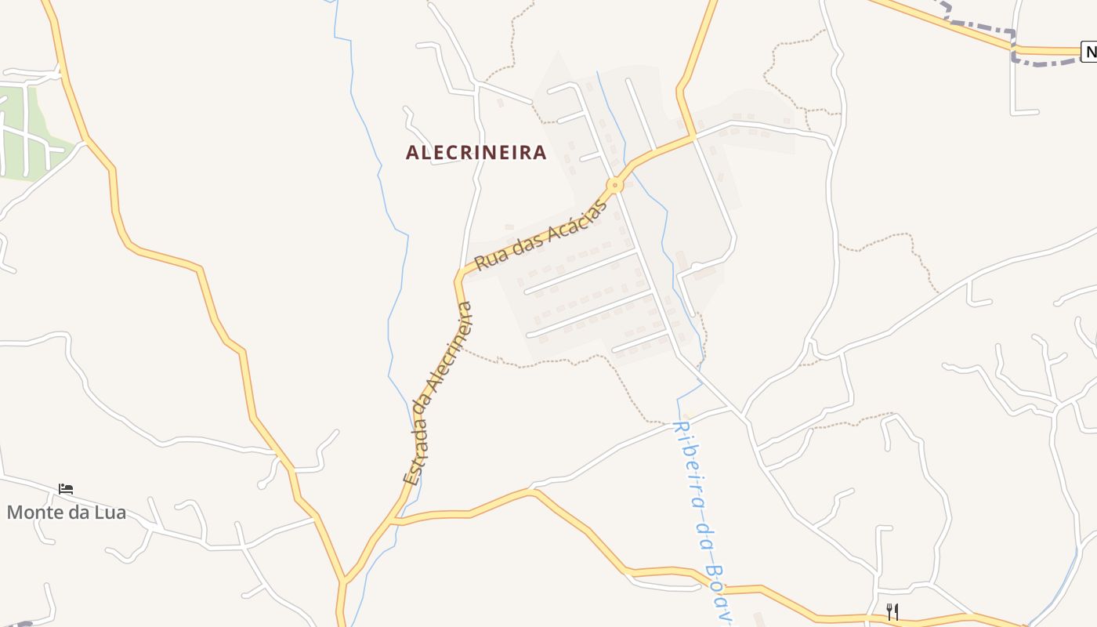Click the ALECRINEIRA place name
(x=476, y=152)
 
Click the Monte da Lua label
(x=66, y=513)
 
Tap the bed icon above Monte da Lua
(x=66, y=489)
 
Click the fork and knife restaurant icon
(x=892, y=611)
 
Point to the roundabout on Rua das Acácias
(x=615, y=186)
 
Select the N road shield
(x=1089, y=53)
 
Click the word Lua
(x=110, y=513)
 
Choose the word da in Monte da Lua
(x=79, y=513)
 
